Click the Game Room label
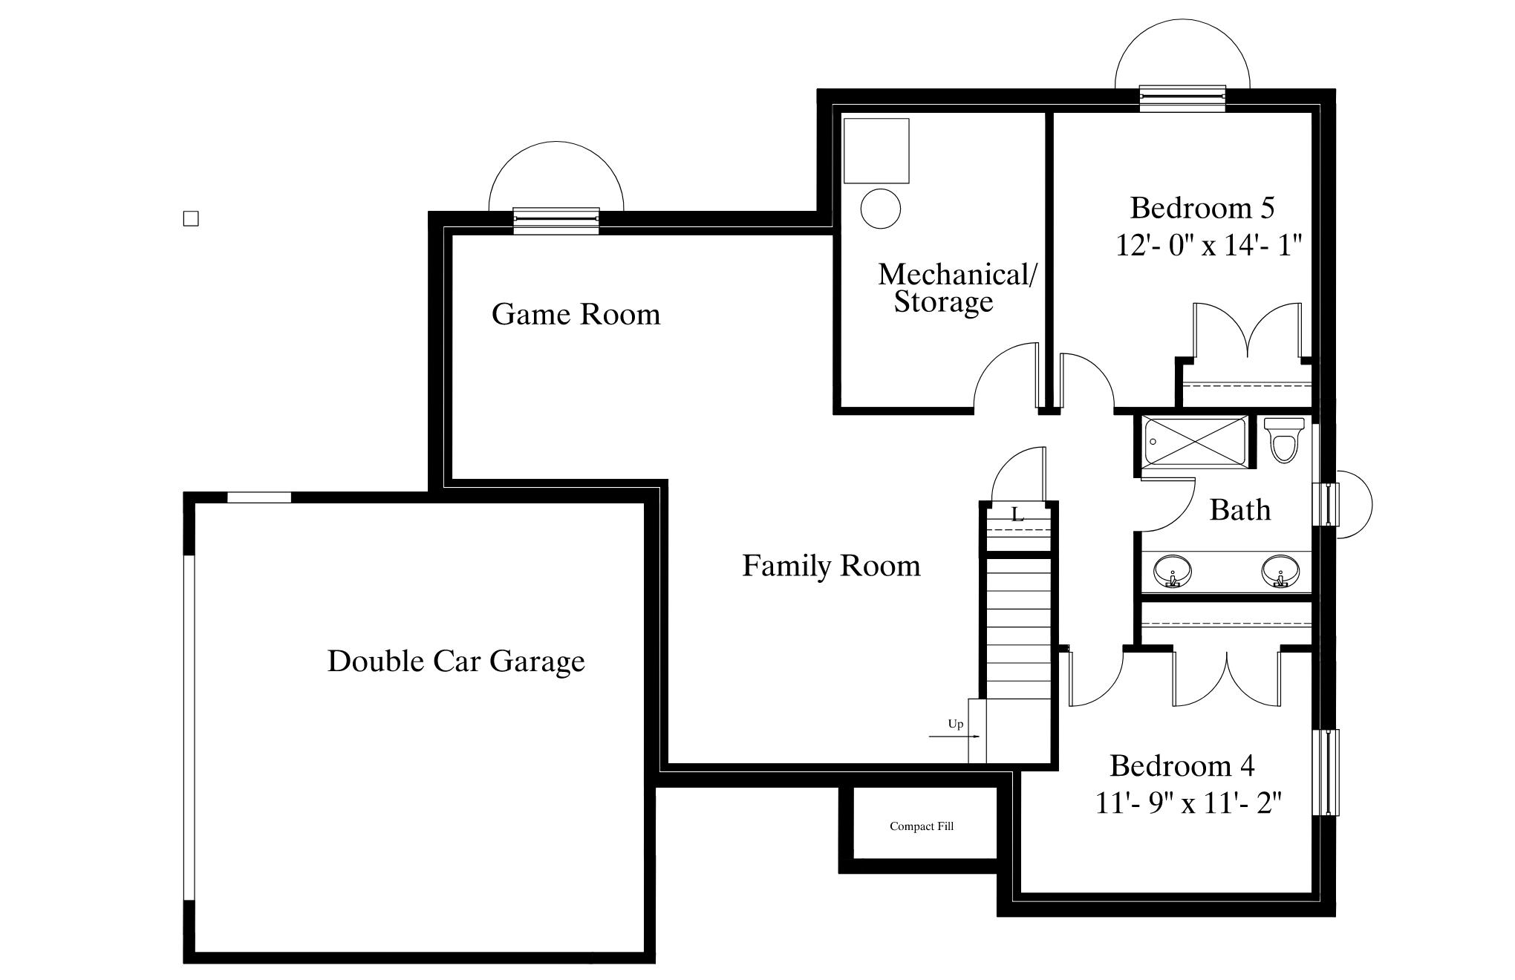point(576,314)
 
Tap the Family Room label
point(831,566)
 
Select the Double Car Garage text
point(456,661)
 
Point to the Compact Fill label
point(922,826)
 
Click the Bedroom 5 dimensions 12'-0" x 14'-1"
point(1209,245)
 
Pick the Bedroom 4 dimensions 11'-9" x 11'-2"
point(1189,803)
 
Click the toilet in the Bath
point(1284,440)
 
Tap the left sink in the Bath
point(1173,571)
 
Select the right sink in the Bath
point(1280,571)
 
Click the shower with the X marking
point(1195,443)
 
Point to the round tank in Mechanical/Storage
point(881,208)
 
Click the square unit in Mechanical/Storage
point(876,151)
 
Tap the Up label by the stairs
point(956,724)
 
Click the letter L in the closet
point(1017,514)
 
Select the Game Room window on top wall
point(556,220)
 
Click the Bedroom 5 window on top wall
point(1182,98)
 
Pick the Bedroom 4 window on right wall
point(1326,772)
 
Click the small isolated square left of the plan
point(191,218)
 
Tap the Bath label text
point(1240,510)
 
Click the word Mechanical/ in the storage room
point(957,275)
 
